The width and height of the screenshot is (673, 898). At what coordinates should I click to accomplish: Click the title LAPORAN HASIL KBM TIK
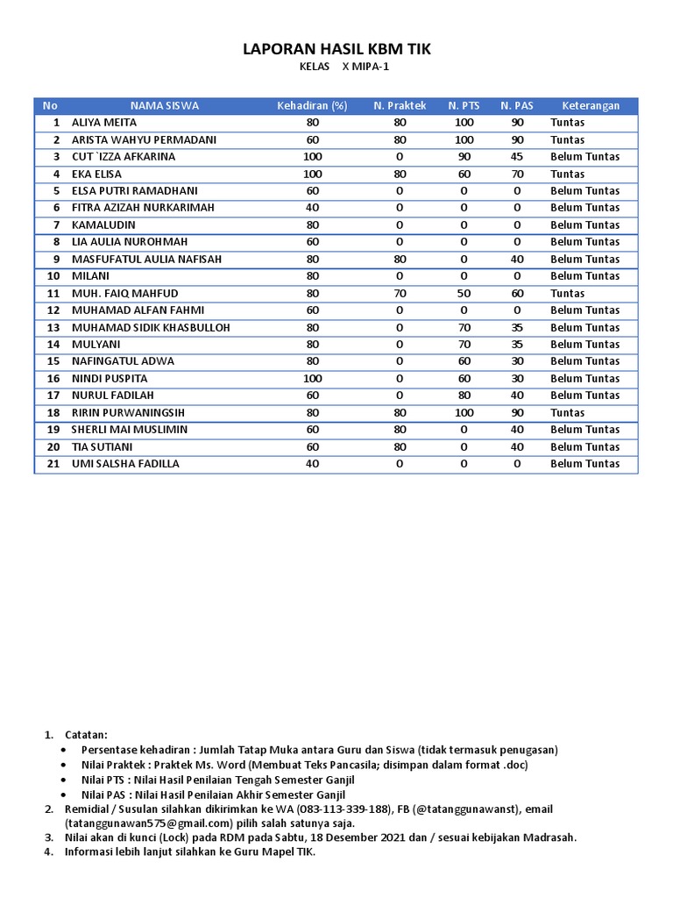click(x=336, y=52)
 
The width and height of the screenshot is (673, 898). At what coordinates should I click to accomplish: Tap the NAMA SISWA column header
click(x=165, y=106)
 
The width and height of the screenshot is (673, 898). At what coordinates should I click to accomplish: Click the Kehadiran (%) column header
click(x=312, y=106)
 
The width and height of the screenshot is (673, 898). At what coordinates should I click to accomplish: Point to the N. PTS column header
click(x=464, y=106)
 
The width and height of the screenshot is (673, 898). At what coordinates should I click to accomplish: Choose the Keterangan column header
click(x=591, y=106)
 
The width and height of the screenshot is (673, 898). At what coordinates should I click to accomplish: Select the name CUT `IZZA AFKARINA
click(x=124, y=157)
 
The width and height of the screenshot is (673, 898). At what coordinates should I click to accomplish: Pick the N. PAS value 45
click(x=517, y=157)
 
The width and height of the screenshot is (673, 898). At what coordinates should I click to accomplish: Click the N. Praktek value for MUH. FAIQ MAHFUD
click(x=400, y=294)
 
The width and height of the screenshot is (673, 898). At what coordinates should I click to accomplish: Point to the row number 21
click(x=53, y=464)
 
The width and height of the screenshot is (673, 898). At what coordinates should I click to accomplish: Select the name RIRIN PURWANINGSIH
click(x=128, y=413)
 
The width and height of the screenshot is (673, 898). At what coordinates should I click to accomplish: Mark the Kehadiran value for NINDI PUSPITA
click(x=313, y=379)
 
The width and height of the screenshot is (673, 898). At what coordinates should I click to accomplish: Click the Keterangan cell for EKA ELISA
click(x=567, y=175)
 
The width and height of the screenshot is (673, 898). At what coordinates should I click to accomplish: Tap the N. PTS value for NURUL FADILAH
click(x=464, y=396)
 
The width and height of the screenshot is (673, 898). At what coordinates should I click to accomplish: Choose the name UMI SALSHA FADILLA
click(x=125, y=464)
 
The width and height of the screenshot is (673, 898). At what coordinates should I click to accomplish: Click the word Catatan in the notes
click(x=87, y=734)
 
